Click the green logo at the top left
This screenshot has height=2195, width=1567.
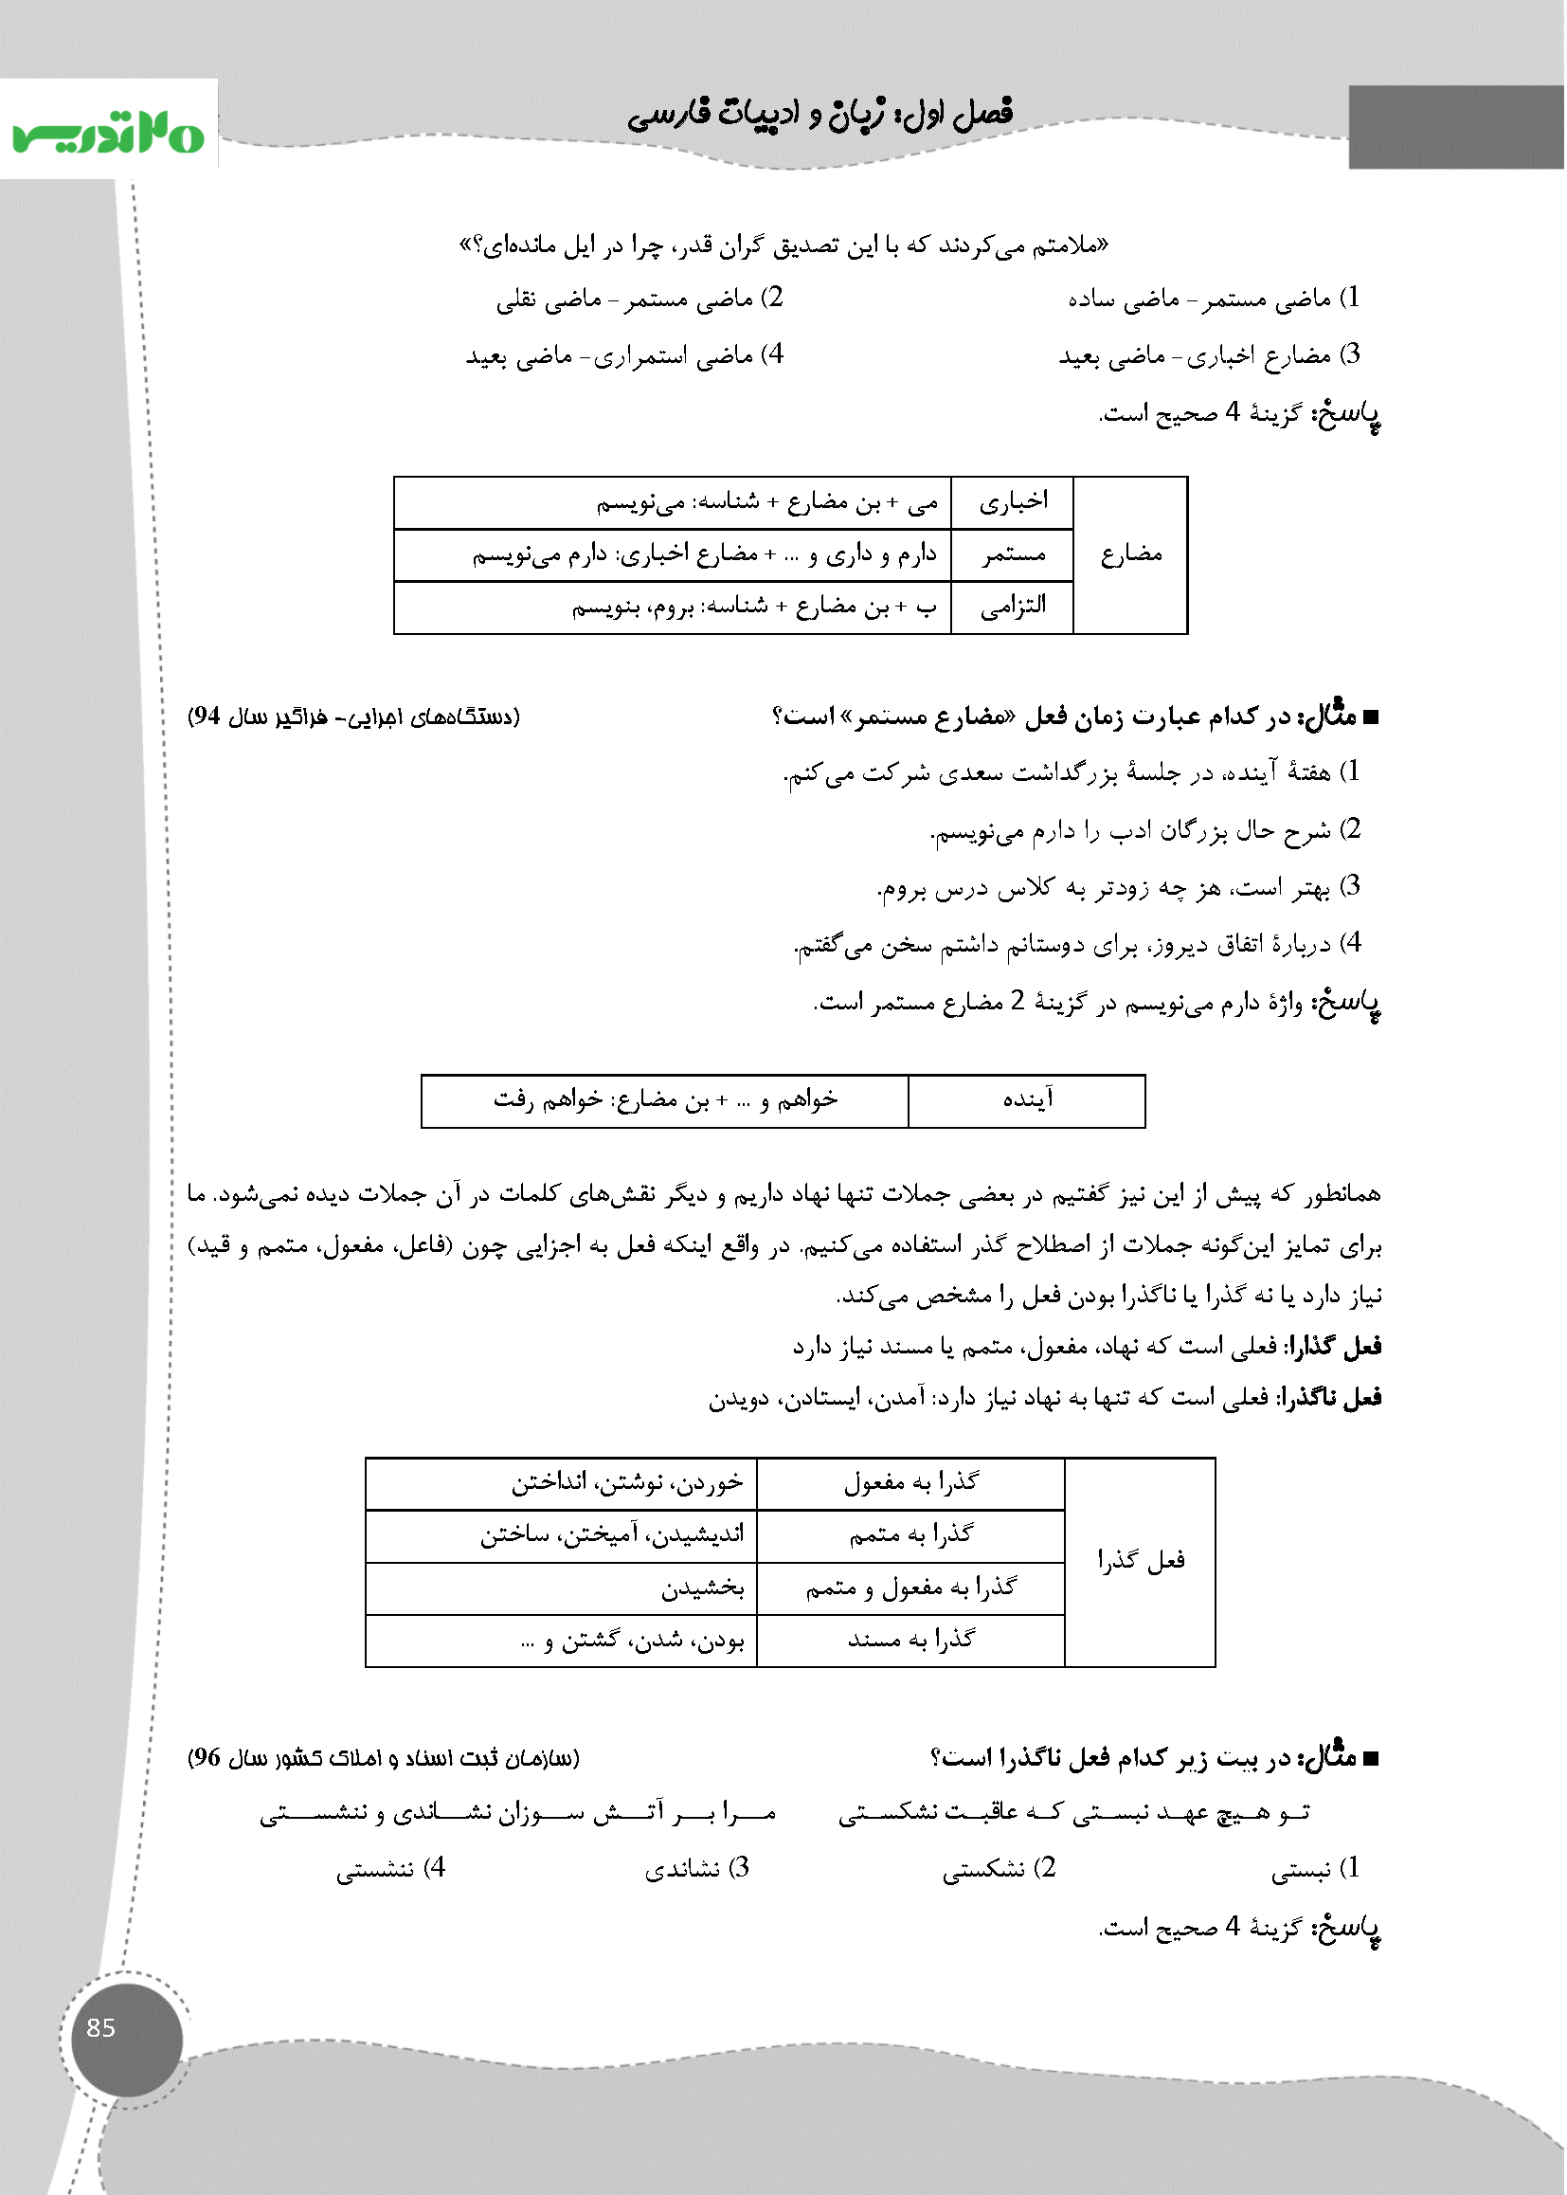click(108, 135)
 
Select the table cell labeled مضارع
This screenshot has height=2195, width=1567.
click(1130, 554)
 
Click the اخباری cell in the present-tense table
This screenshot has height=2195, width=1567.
click(1012, 502)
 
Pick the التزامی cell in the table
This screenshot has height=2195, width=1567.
click(1012, 608)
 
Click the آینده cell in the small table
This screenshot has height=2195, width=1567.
click(1027, 1100)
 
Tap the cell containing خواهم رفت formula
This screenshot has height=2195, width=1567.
click(665, 1100)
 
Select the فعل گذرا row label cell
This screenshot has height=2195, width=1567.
click(1140, 1561)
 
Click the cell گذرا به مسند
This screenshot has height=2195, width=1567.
click(910, 1640)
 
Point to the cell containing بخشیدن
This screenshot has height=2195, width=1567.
click(561, 1587)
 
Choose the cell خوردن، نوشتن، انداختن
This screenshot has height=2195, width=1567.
click(561, 1482)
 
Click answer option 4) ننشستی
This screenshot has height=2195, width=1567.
click(390, 1868)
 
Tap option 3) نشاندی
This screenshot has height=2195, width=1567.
click(696, 1869)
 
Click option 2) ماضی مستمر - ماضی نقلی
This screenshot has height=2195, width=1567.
click(639, 299)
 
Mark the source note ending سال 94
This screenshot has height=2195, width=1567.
click(353, 717)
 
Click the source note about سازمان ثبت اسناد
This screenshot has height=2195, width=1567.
click(383, 1758)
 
